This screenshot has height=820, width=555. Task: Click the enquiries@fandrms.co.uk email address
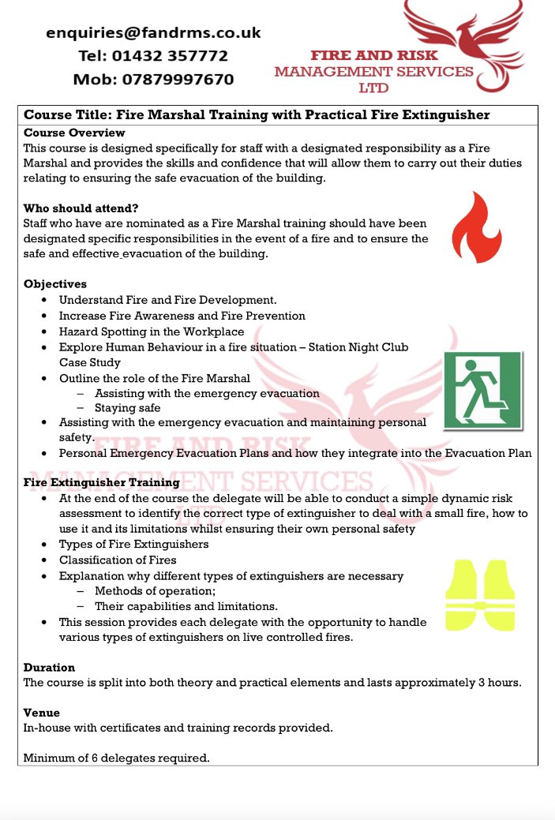[153, 33]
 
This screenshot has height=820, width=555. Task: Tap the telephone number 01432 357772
[153, 56]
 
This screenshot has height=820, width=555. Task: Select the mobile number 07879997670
[153, 80]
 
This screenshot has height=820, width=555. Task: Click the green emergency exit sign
[482, 391]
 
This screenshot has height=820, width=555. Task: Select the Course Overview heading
[74, 133]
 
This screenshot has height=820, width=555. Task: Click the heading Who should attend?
[81, 208]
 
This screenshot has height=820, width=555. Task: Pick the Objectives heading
[55, 284]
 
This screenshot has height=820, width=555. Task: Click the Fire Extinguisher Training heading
[102, 482]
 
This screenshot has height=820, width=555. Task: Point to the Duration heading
[50, 667]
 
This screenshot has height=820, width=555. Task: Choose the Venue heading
[43, 712]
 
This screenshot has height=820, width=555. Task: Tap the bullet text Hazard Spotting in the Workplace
[152, 331]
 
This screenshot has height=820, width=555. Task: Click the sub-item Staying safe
[127, 408]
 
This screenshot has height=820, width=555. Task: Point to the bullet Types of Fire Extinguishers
[133, 544]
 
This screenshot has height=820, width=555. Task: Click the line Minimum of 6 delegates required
[117, 758]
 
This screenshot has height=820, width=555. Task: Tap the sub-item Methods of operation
[155, 591]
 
